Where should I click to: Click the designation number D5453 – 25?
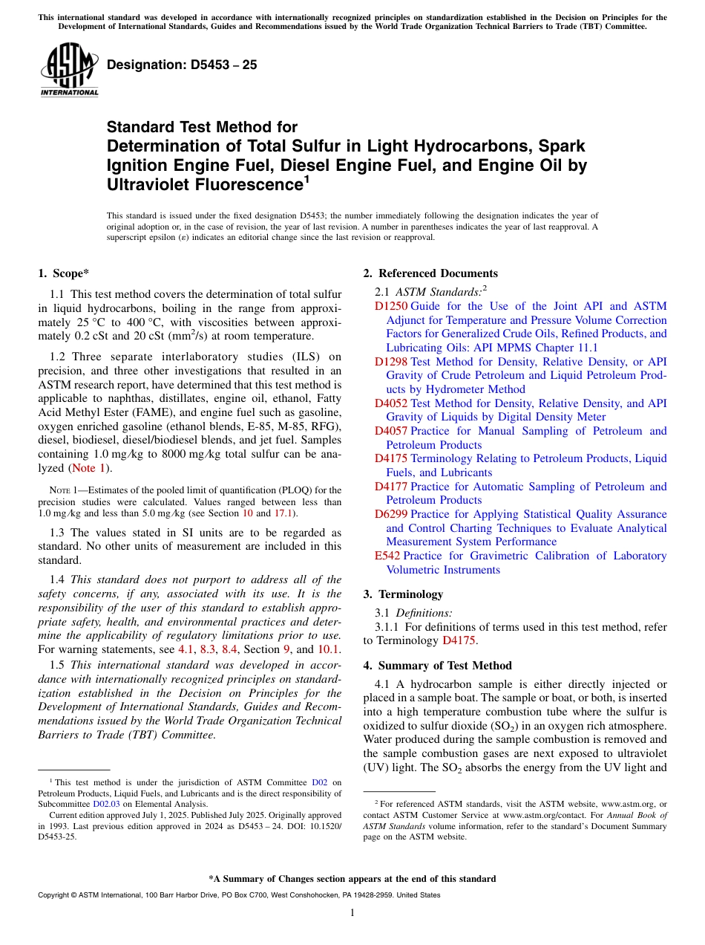point(182,65)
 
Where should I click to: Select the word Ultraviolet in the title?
point(149,184)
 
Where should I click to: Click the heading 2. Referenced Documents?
point(430,273)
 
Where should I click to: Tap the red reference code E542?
point(387,556)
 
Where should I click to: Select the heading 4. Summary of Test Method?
point(438,666)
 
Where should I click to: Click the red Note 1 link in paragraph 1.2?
point(88,468)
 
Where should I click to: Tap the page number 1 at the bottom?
point(352,913)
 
